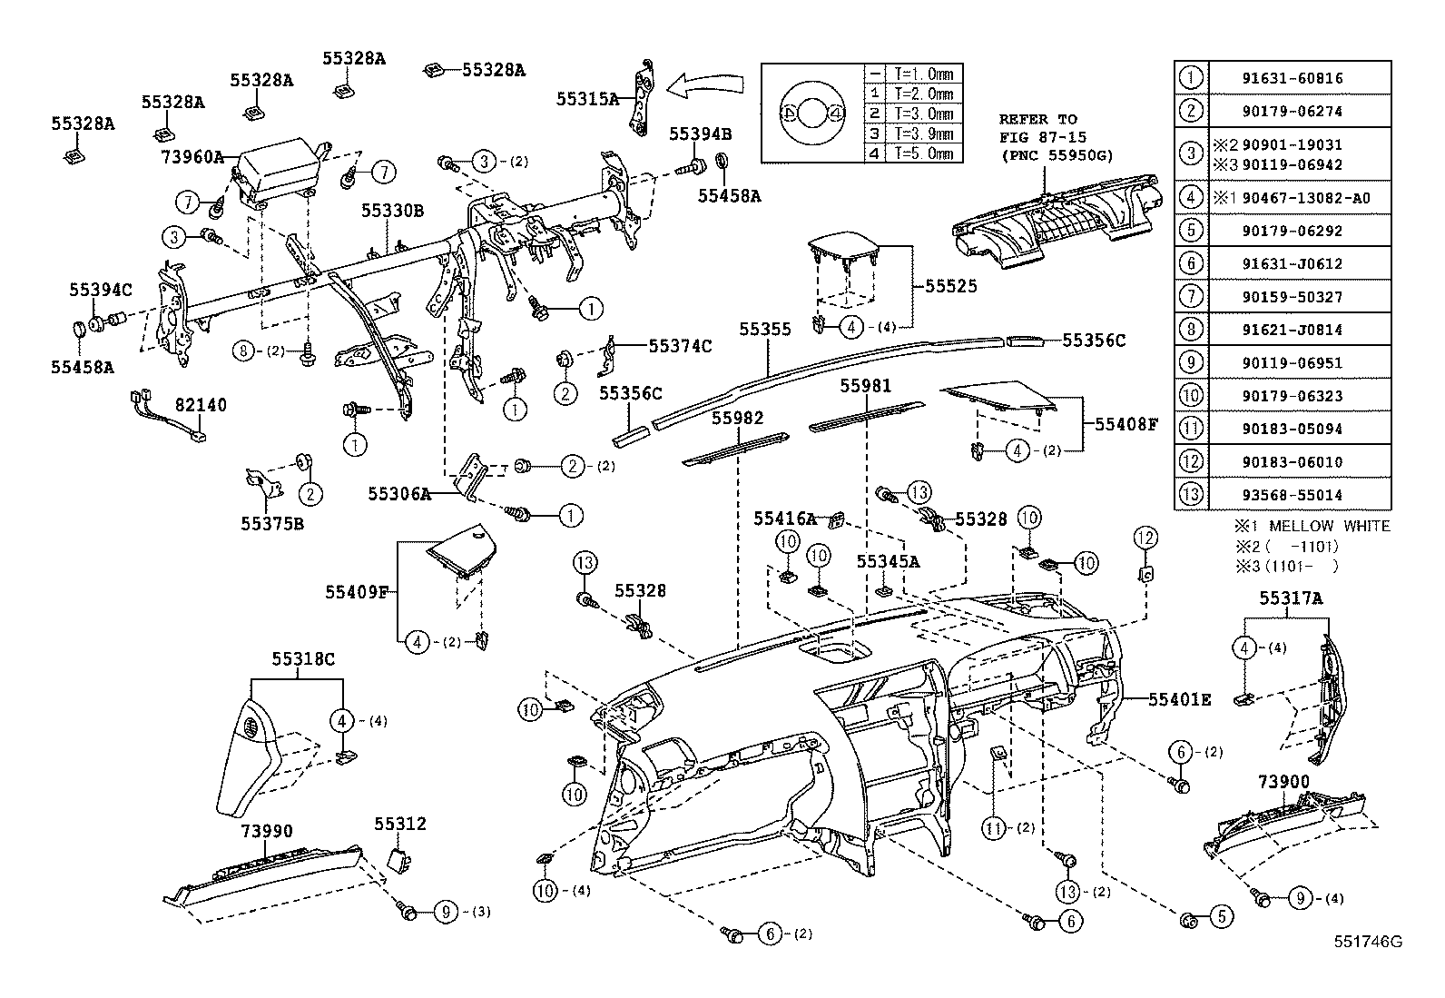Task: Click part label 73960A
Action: point(192,156)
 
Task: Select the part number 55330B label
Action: point(392,211)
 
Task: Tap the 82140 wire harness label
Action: point(201,405)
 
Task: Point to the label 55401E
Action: point(1179,699)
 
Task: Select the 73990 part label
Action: point(267,832)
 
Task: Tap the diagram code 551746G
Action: point(1367,942)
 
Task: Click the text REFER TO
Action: point(1037,119)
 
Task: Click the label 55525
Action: point(951,286)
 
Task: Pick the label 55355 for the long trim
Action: point(764,330)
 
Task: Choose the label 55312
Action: point(400,824)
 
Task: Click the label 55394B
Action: point(700,133)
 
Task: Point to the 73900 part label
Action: point(1283,782)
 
